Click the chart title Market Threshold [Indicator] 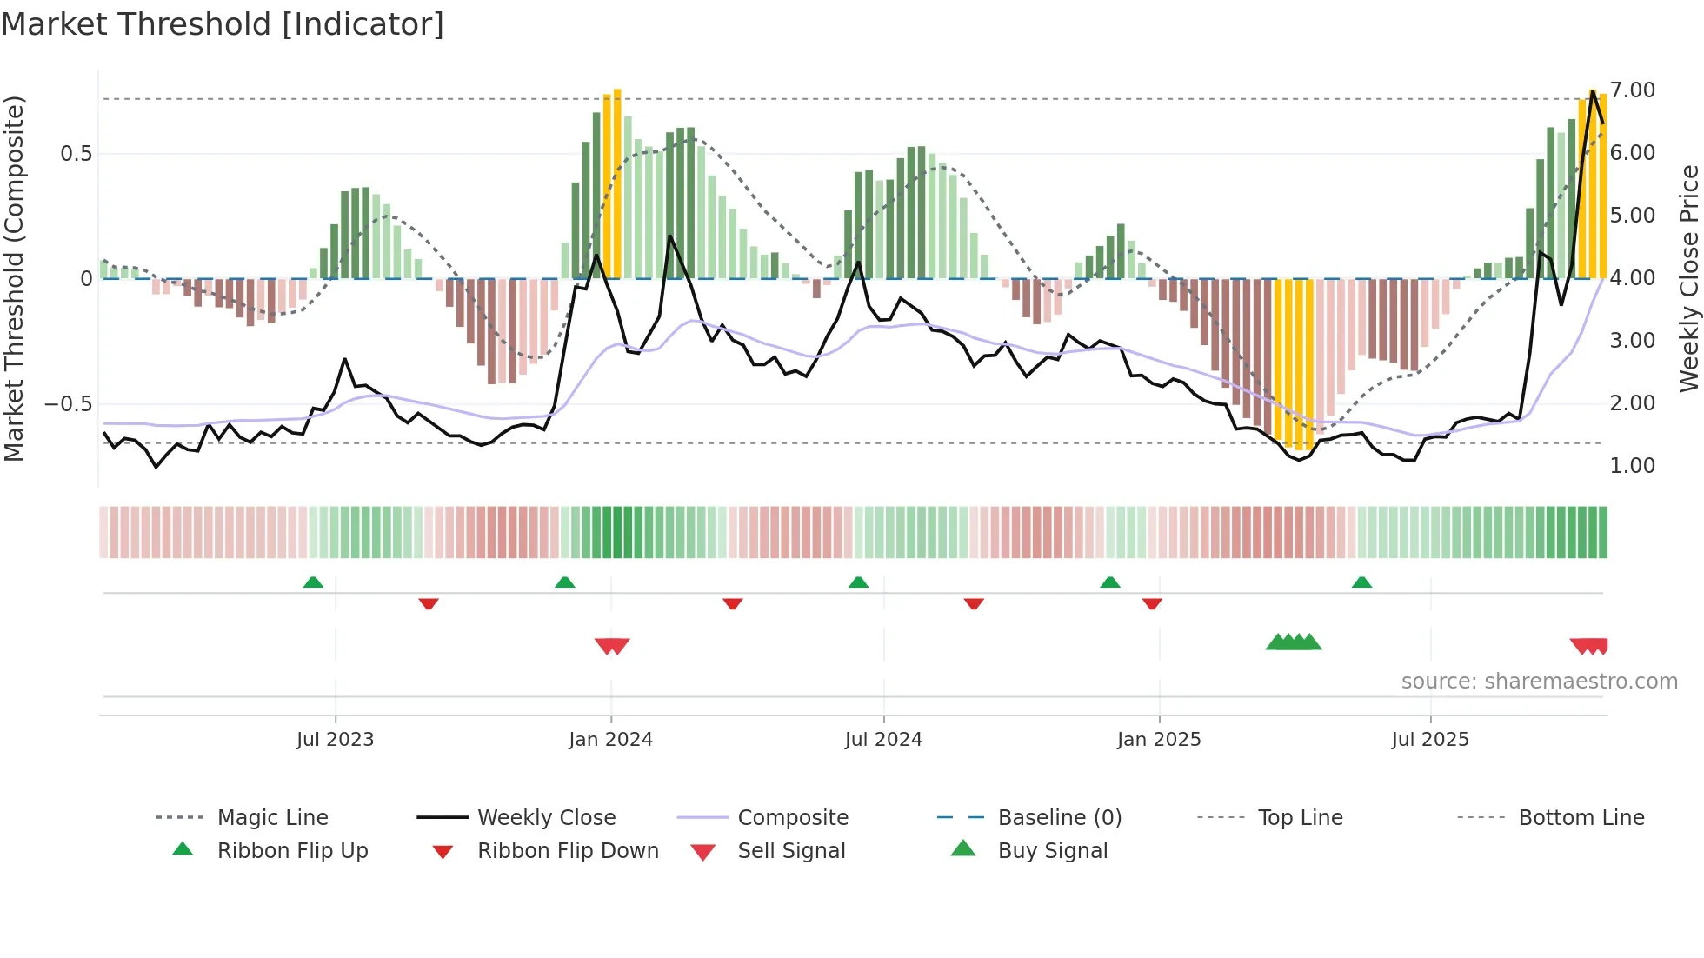click(223, 24)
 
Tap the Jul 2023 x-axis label click(335, 740)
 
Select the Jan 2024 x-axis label click(610, 740)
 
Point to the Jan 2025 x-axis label click(1158, 740)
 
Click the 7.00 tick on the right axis click(1632, 90)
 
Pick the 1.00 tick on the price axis click(1632, 466)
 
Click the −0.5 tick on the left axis click(68, 404)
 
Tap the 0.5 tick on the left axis click(76, 154)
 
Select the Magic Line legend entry click(272, 818)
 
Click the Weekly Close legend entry click(546, 818)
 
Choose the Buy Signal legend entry click(1052, 851)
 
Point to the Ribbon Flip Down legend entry click(568, 851)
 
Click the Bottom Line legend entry click(1581, 818)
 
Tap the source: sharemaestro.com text click(1539, 682)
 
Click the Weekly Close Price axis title click(1688, 278)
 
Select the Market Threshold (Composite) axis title click(14, 278)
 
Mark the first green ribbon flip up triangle click(313, 582)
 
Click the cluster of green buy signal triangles click(1293, 642)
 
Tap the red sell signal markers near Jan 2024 click(612, 646)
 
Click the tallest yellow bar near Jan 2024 click(617, 183)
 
